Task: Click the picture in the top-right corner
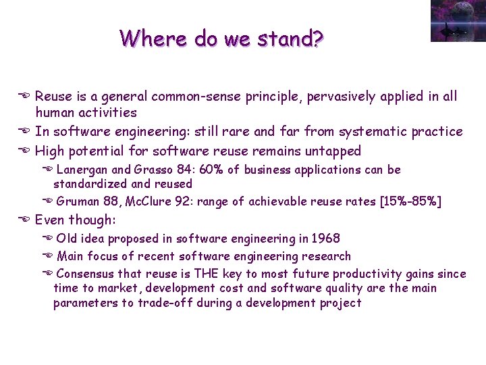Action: point(458,21)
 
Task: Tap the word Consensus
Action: point(85,274)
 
